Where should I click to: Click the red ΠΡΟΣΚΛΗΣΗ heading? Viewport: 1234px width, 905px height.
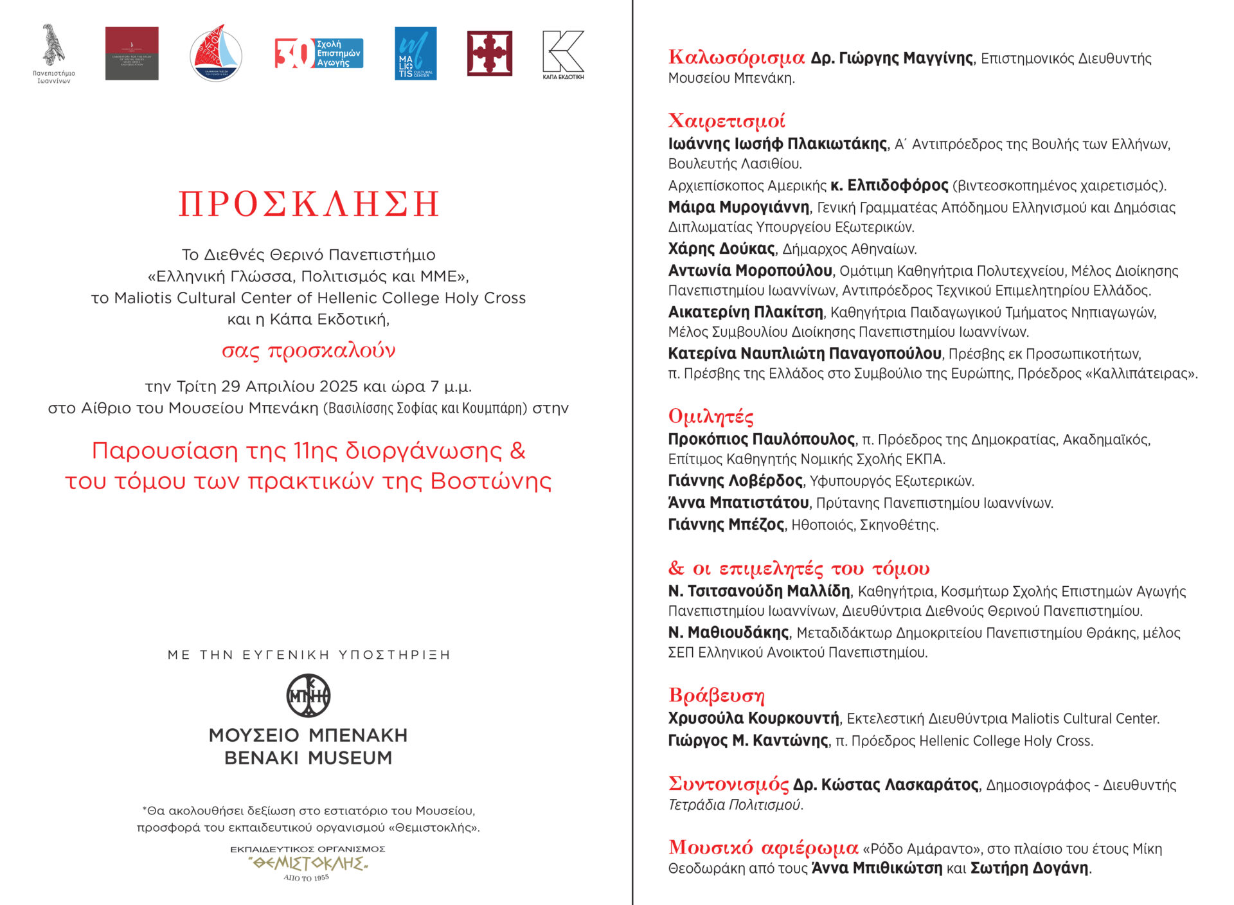click(308, 204)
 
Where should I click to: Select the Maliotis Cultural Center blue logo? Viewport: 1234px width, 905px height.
click(415, 53)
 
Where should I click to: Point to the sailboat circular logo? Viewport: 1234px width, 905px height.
click(216, 54)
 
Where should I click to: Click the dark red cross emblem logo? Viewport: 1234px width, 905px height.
click(489, 53)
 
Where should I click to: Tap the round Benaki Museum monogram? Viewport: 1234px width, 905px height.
click(308, 695)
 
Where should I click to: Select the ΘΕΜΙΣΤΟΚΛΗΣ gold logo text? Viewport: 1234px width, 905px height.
click(308, 863)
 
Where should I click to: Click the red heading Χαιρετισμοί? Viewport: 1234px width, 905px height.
click(726, 121)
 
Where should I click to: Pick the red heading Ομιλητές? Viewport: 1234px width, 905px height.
click(711, 417)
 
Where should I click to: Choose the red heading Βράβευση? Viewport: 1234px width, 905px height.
click(716, 695)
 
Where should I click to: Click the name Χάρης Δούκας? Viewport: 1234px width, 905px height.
click(721, 249)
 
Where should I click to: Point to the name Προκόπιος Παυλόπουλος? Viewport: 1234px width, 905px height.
click(762, 440)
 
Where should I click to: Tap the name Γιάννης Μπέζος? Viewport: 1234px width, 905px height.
click(726, 524)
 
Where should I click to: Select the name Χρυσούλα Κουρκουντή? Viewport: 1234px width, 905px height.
click(753, 718)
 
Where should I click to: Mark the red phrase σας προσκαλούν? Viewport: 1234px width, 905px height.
click(308, 351)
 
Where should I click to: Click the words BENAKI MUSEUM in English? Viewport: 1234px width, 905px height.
click(308, 758)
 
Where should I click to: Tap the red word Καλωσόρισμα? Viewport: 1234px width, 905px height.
click(736, 58)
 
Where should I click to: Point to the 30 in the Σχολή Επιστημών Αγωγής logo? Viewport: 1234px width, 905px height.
click(293, 53)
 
